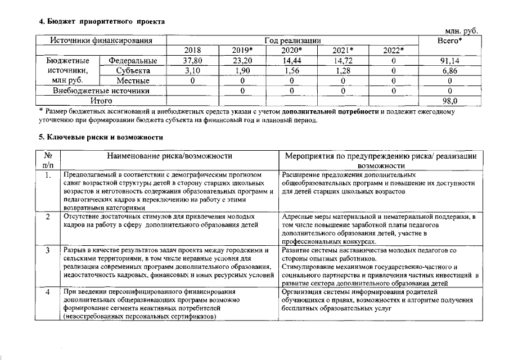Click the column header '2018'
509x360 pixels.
[x=192, y=51]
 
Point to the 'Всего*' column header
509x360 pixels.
[x=450, y=40]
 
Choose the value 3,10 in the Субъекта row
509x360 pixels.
[x=192, y=71]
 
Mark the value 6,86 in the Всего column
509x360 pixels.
[x=450, y=71]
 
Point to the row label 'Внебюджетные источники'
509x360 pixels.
[x=101, y=91]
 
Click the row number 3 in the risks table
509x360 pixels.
[x=48, y=250]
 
